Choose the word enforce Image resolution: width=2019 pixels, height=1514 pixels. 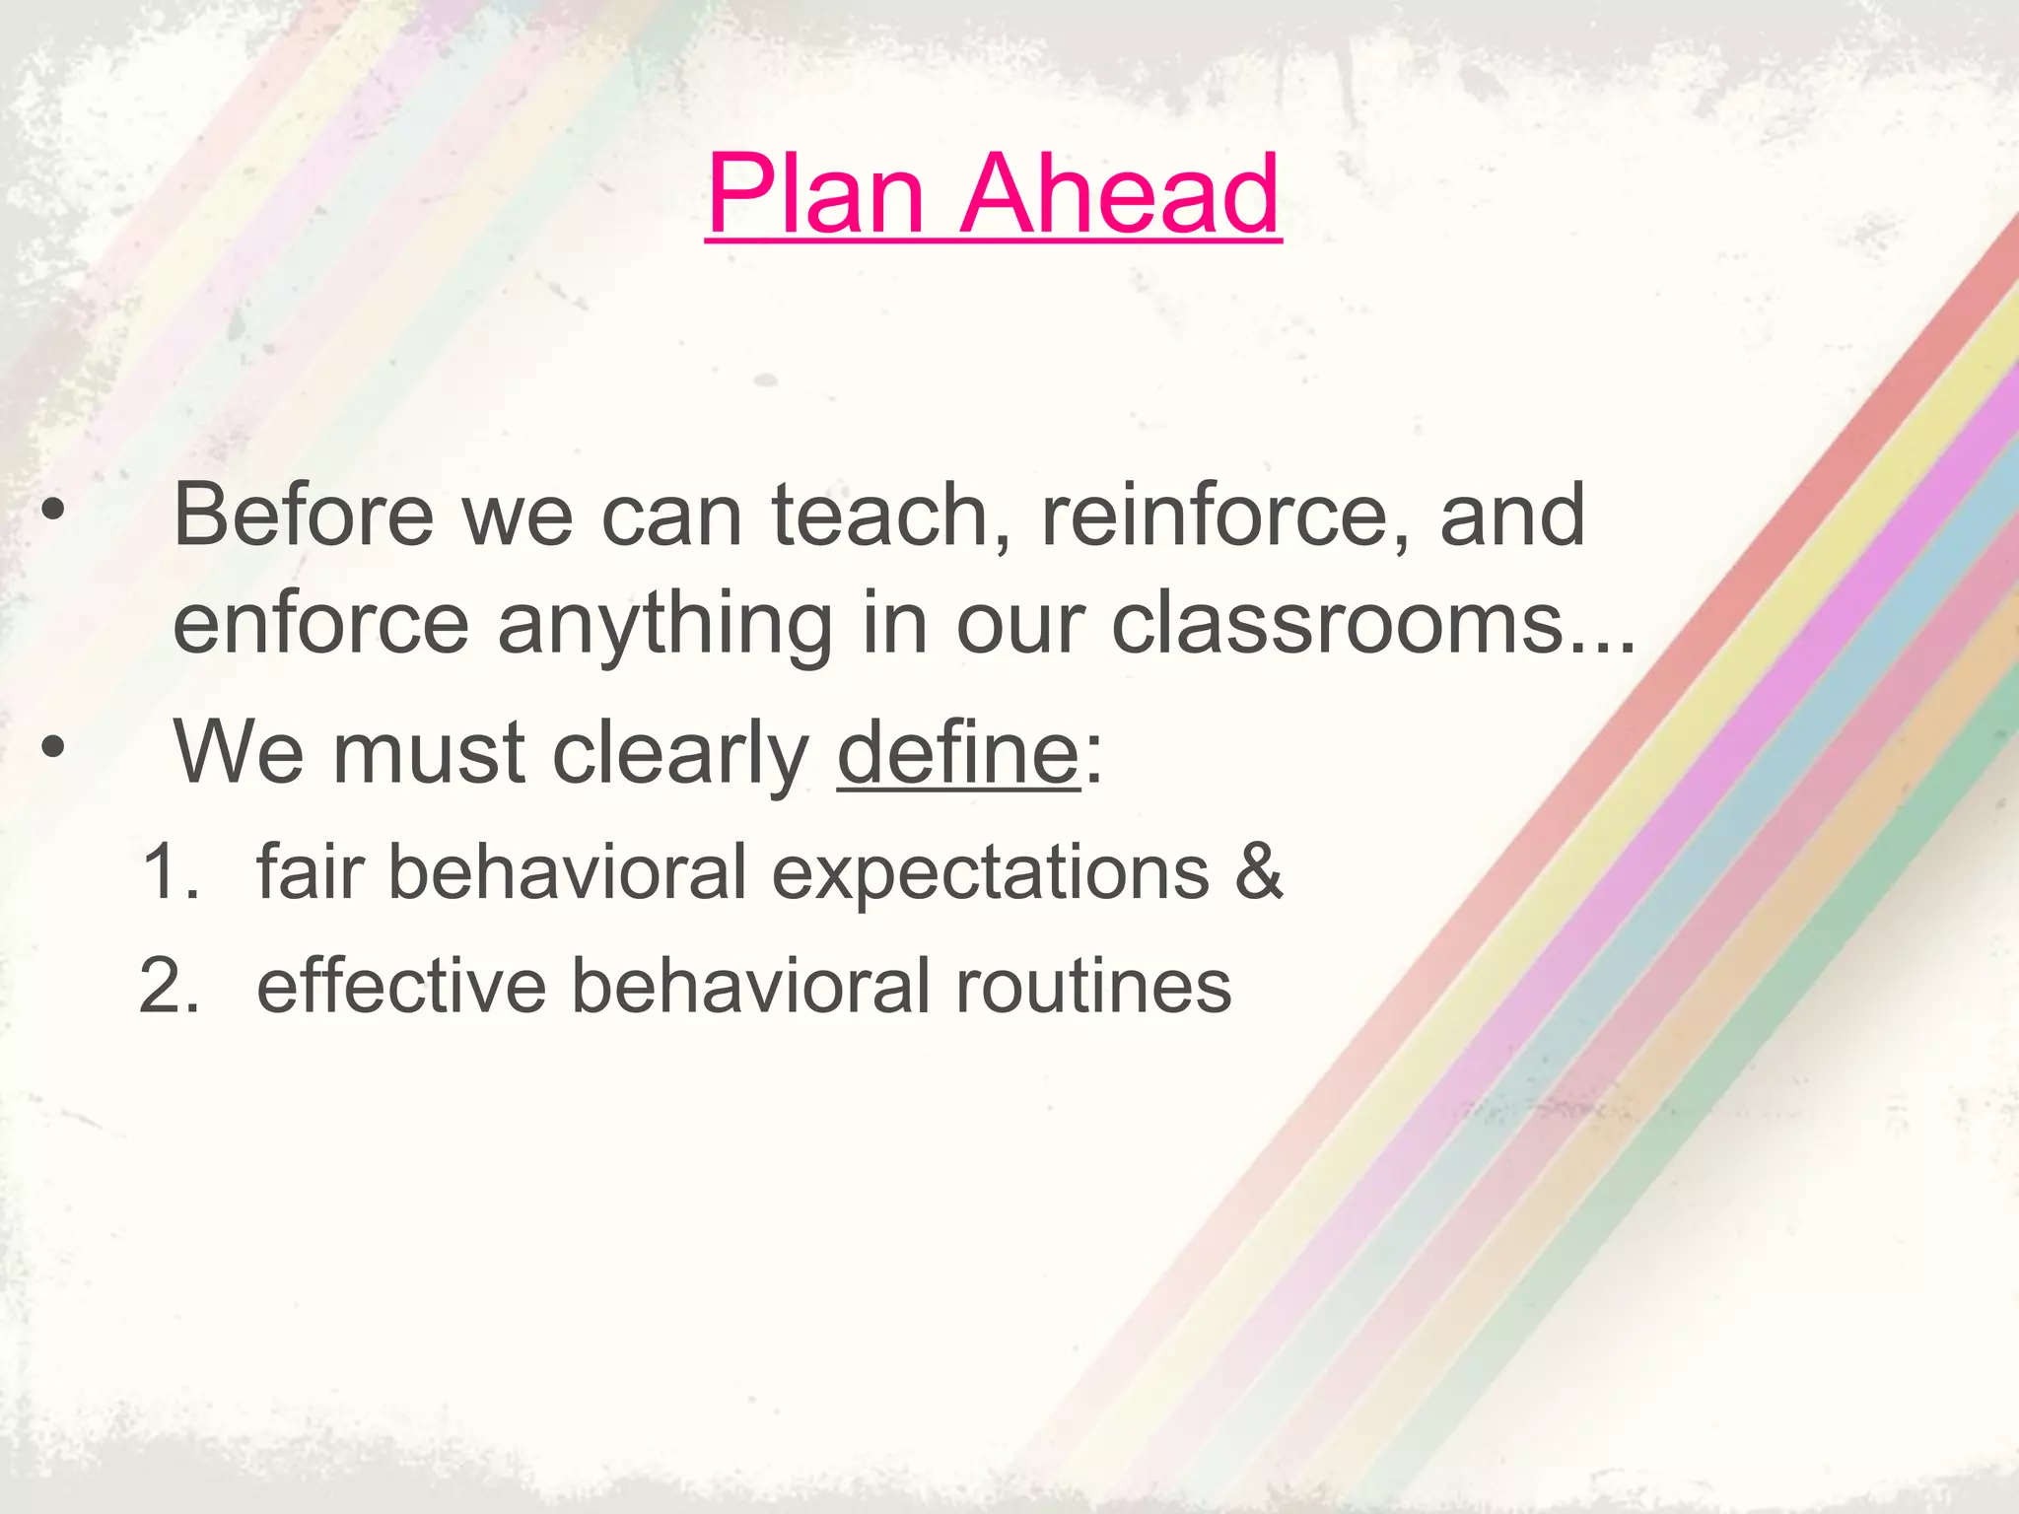(x=320, y=623)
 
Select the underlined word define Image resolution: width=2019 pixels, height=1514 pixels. (x=958, y=752)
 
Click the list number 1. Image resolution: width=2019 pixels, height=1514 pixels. (x=170, y=872)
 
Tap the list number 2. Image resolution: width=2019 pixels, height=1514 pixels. (x=170, y=986)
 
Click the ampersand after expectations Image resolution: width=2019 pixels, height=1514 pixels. (x=1259, y=872)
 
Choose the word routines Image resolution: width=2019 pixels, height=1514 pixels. (x=1093, y=986)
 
